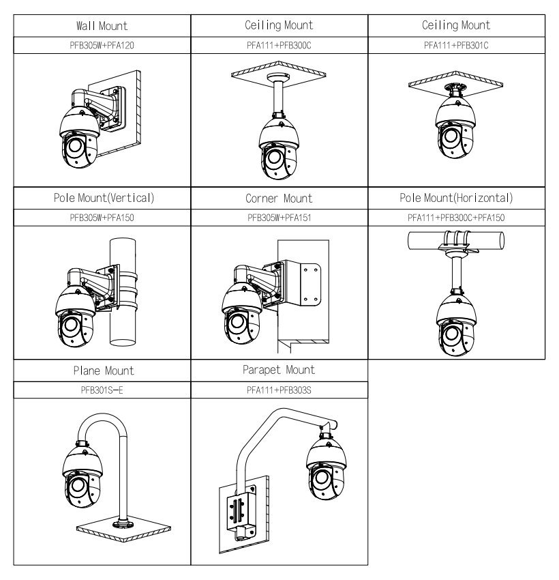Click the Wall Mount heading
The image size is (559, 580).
click(x=102, y=26)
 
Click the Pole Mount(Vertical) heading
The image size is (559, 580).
click(x=102, y=199)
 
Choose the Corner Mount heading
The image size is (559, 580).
click(x=279, y=199)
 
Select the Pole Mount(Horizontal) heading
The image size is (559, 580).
click(x=456, y=199)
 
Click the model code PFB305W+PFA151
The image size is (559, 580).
click(x=279, y=216)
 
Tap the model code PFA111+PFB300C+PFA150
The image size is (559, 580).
click(x=456, y=216)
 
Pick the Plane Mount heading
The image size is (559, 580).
click(x=102, y=371)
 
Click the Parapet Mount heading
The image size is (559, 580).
click(x=279, y=371)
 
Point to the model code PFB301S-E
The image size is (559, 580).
click(x=102, y=389)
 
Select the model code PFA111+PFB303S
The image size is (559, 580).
click(x=279, y=389)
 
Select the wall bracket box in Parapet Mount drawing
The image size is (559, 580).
click(x=237, y=510)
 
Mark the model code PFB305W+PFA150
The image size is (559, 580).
click(x=102, y=216)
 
